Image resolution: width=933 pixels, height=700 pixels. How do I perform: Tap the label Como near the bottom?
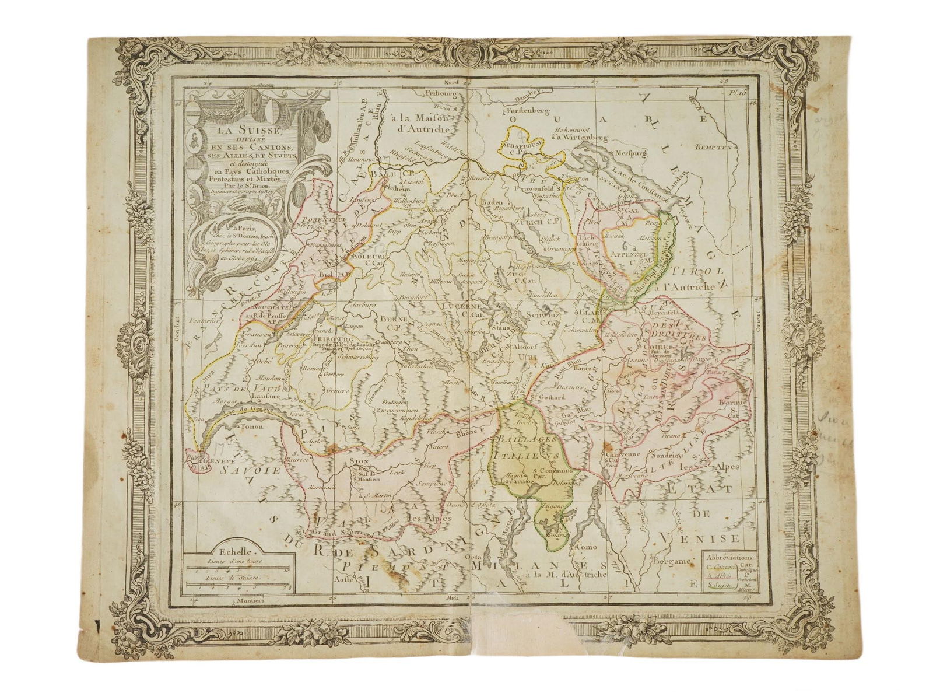tap(585, 547)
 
